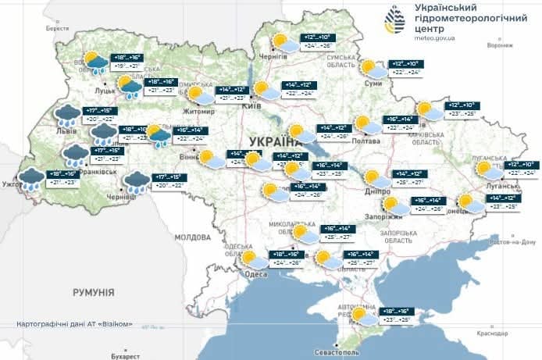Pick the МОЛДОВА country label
coord(194,236)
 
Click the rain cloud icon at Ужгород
coord(32,180)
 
